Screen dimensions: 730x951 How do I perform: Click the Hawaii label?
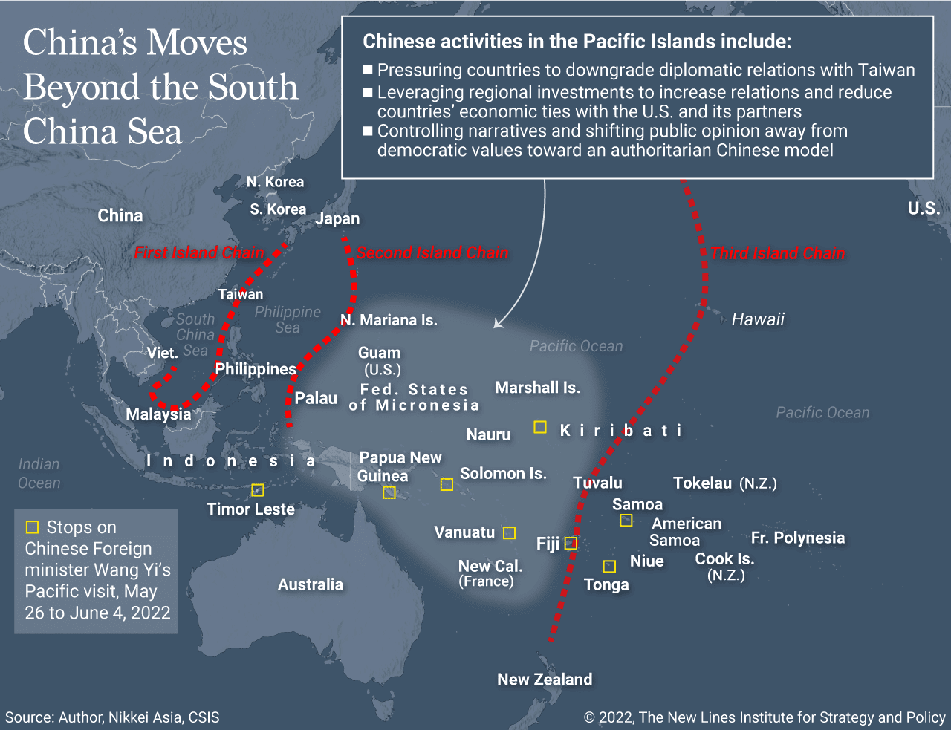click(x=758, y=319)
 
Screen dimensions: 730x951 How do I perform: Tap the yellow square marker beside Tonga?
click(x=609, y=567)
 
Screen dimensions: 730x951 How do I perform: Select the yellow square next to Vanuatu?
click(x=509, y=532)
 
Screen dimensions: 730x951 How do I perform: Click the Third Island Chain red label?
click(x=777, y=253)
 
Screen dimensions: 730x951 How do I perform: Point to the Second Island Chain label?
click(x=432, y=252)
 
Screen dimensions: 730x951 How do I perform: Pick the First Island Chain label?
click(x=198, y=252)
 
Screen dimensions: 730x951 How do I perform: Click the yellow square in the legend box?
click(x=32, y=527)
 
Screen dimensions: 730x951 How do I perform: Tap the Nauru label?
click(x=488, y=435)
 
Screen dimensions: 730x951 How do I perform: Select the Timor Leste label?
click(x=250, y=509)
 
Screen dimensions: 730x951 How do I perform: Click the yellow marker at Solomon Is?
click(x=447, y=485)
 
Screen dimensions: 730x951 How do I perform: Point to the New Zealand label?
click(x=545, y=680)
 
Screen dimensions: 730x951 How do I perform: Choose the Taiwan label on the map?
click(x=240, y=294)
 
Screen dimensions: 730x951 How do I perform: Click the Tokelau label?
click(x=703, y=483)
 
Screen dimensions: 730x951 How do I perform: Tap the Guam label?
click(x=379, y=353)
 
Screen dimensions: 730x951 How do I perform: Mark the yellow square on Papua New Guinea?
click(x=389, y=492)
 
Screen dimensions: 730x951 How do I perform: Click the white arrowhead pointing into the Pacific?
click(x=497, y=324)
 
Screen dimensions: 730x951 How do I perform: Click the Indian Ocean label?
click(x=39, y=473)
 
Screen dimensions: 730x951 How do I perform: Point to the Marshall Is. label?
click(x=537, y=388)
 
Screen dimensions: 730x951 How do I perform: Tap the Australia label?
click(x=311, y=584)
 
